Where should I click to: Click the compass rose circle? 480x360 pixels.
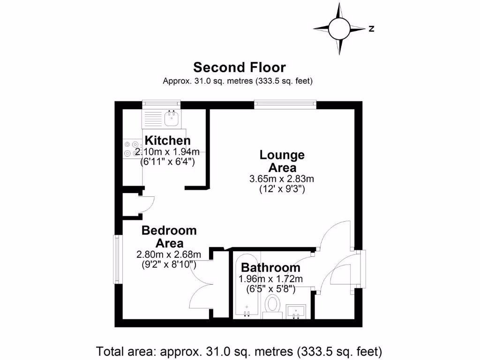click(339, 29)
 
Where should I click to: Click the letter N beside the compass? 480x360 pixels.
click(371, 29)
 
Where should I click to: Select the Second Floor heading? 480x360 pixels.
click(240, 67)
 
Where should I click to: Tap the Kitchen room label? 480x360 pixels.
click(168, 140)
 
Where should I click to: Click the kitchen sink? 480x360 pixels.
click(172, 118)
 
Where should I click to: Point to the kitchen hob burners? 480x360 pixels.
click(131, 149)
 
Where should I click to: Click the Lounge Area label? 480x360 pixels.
click(282, 161)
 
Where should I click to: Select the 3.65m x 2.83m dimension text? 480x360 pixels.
click(282, 179)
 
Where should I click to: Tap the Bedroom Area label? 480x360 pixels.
click(169, 237)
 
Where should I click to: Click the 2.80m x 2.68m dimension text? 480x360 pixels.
click(169, 255)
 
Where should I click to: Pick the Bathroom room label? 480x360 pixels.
click(270, 268)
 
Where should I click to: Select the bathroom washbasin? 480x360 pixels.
click(296, 311)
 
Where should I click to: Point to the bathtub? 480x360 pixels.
click(246, 286)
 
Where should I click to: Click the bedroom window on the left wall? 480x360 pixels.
click(116, 259)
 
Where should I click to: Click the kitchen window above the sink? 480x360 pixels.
click(161, 104)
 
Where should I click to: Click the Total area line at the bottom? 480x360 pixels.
click(240, 351)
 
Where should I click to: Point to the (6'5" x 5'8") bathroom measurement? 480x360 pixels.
click(270, 289)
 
